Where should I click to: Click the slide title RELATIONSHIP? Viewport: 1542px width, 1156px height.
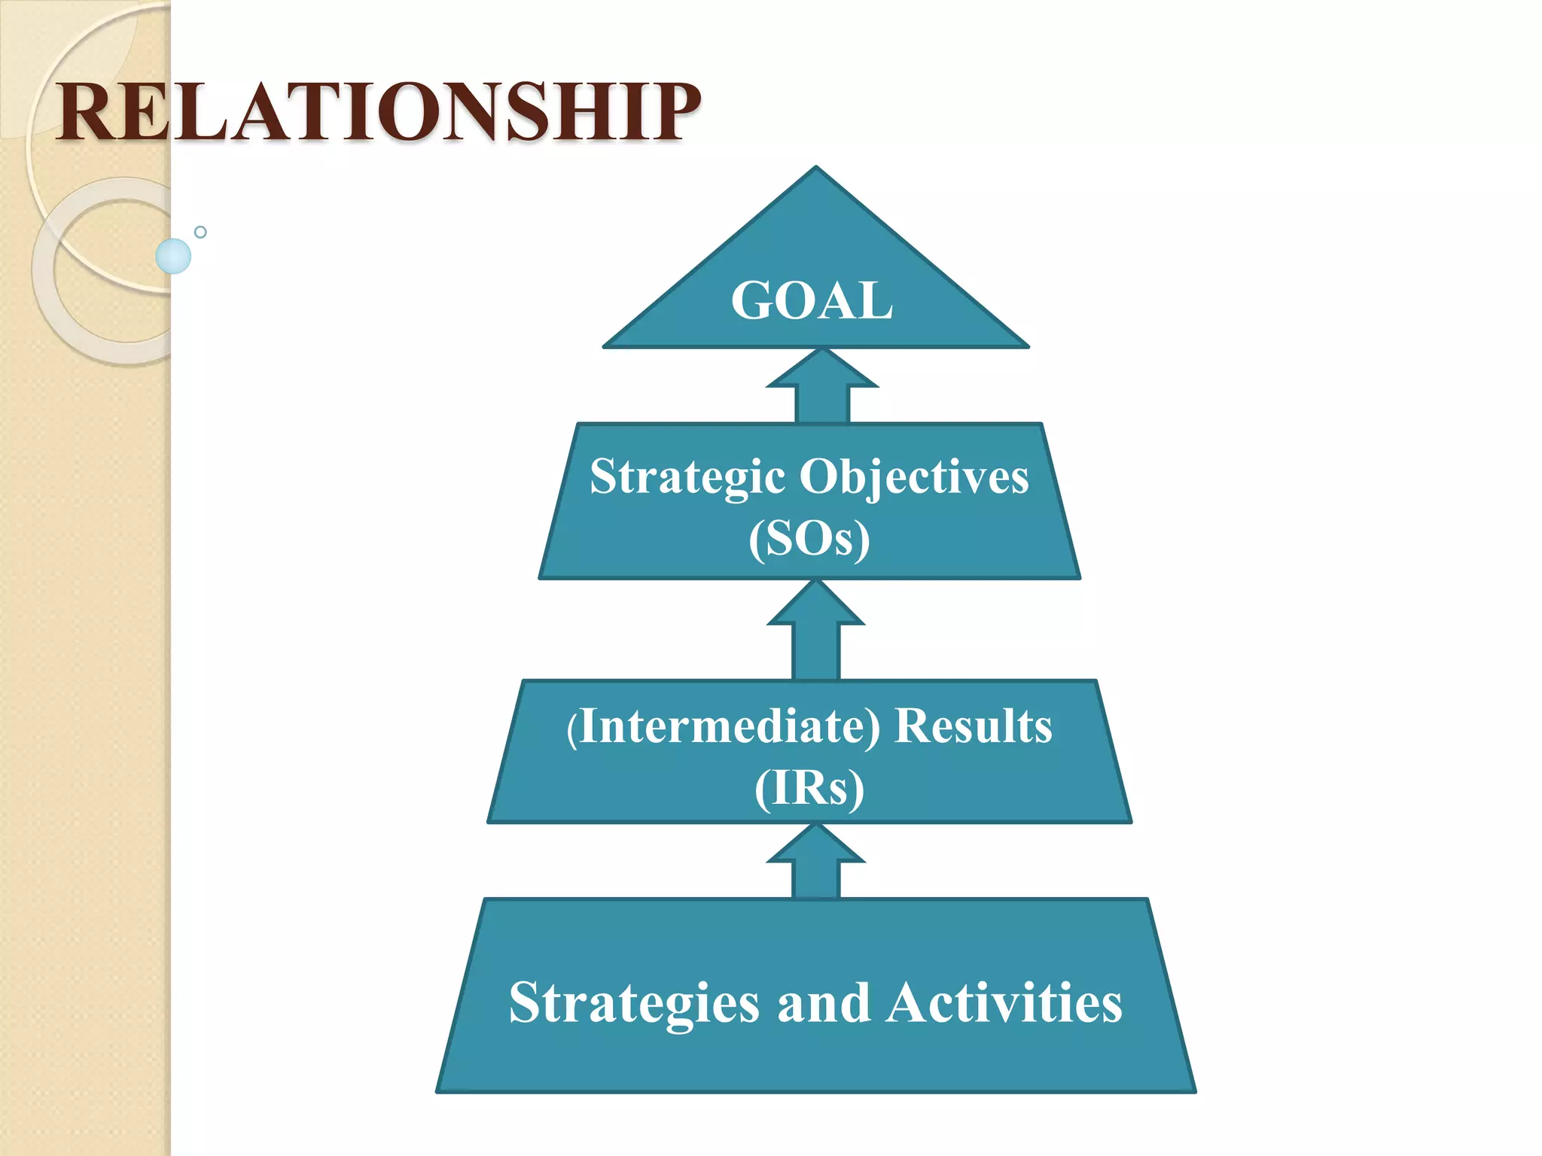(378, 113)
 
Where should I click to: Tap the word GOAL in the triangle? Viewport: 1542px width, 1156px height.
(812, 301)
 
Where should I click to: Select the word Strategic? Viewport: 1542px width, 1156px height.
(687, 477)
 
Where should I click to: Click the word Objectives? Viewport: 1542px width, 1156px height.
(913, 477)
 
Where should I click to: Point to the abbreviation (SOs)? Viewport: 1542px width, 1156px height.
(809, 539)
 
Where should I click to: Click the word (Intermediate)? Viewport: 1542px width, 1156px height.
(723, 727)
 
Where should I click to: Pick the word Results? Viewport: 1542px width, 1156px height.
(973, 727)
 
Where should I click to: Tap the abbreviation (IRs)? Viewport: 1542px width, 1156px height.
(809, 789)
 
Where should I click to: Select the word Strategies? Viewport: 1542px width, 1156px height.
(634, 1004)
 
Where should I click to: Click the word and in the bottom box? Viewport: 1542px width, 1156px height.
(823, 1004)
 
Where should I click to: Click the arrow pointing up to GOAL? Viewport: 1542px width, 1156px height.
(822, 385)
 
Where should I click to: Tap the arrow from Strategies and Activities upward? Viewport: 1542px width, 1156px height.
(816, 862)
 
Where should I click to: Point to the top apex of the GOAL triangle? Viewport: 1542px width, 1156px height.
(815, 169)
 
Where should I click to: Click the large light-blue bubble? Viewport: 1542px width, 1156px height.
(173, 256)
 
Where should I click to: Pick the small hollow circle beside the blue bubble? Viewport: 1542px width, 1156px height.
(200, 232)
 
